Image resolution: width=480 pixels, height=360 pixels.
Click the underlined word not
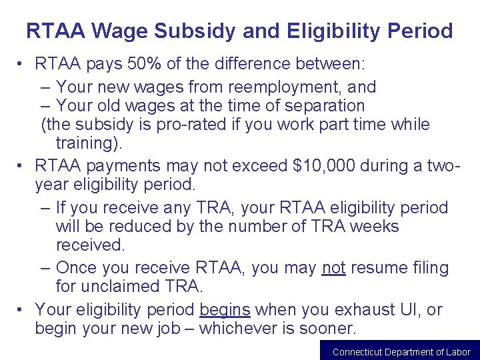coord(333,268)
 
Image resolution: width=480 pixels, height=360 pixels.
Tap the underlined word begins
coord(225,309)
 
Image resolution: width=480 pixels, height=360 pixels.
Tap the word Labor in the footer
coord(458,352)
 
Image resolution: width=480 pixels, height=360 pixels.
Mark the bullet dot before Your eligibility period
coord(21,309)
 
